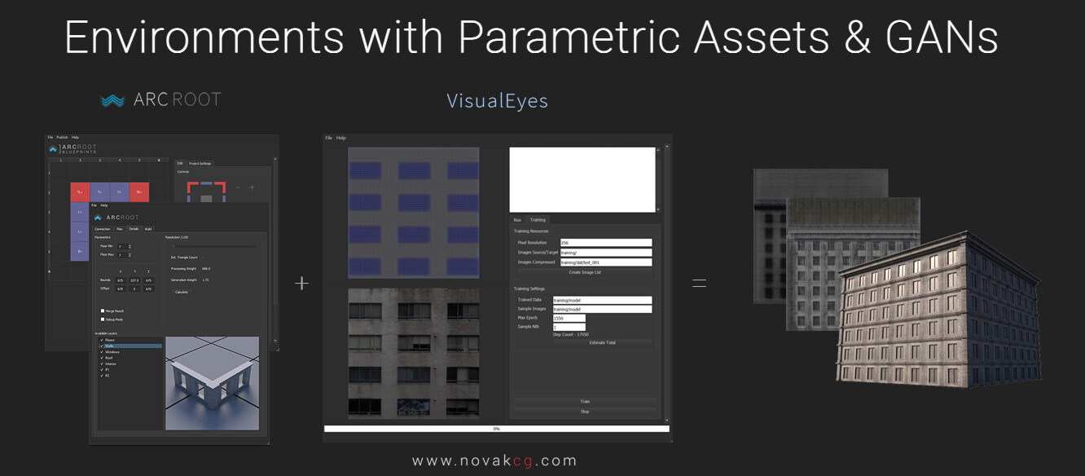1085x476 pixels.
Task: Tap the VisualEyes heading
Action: coord(497,101)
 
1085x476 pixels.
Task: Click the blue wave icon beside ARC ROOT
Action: coord(112,100)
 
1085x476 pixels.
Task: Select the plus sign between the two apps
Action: coord(301,283)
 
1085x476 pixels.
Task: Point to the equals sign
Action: coord(699,283)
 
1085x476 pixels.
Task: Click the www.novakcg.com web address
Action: coord(494,461)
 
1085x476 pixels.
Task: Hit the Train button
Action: coord(584,402)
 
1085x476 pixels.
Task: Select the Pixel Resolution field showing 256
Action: coord(605,243)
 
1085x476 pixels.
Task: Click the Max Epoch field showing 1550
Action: coord(569,318)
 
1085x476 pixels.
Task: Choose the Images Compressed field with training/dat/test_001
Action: coord(605,262)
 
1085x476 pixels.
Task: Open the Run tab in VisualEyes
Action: coord(517,220)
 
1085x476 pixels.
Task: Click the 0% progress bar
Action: coord(496,429)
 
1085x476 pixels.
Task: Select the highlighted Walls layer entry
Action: coord(130,346)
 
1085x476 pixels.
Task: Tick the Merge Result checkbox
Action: coord(103,311)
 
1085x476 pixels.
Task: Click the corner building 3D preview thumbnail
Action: coord(212,382)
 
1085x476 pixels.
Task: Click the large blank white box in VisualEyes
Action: coord(582,179)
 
